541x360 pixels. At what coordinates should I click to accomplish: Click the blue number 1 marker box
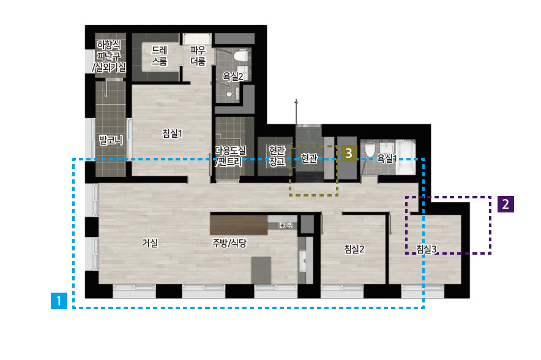click(59, 301)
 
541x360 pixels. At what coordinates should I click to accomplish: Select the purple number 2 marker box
click(506, 204)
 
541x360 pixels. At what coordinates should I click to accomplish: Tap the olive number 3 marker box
click(349, 153)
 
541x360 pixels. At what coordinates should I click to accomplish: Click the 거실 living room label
click(150, 243)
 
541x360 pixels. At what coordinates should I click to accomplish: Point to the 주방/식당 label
click(229, 243)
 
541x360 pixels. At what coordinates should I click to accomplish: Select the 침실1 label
click(172, 133)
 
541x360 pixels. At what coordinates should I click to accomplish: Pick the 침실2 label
click(354, 249)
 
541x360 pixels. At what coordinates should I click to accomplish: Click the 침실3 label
click(426, 249)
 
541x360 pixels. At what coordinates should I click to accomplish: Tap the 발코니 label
click(111, 140)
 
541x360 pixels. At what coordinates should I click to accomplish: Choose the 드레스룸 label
click(159, 56)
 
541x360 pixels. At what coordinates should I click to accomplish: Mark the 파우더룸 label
click(198, 56)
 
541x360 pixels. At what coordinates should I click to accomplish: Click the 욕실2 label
click(233, 77)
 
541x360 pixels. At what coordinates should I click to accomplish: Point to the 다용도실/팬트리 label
click(231, 156)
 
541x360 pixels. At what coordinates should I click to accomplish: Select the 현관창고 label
click(277, 156)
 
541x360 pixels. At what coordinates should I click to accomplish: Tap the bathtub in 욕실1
click(405, 157)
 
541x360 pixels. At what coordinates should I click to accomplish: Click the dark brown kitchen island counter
click(239, 225)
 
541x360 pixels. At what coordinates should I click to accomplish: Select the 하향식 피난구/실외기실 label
click(109, 56)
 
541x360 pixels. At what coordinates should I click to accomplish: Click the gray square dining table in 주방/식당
click(261, 270)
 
